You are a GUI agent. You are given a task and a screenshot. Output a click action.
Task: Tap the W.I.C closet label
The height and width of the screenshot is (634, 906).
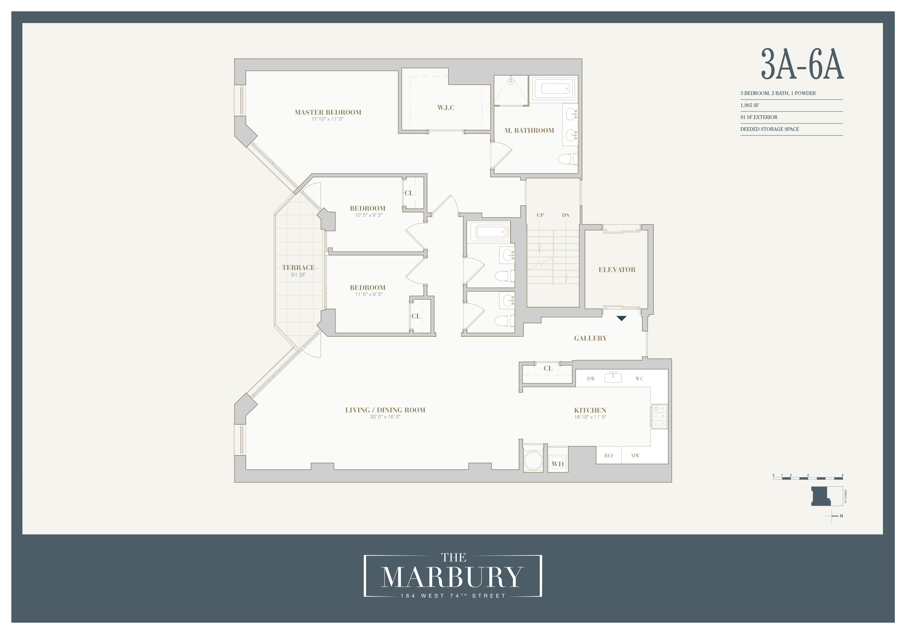click(x=446, y=107)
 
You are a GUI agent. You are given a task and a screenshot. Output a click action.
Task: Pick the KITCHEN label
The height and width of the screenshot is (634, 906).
click(x=590, y=410)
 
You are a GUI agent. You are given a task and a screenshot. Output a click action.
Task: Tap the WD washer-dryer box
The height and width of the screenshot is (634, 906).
click(x=557, y=464)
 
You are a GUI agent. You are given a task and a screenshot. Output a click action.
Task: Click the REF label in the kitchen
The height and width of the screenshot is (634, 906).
click(x=609, y=456)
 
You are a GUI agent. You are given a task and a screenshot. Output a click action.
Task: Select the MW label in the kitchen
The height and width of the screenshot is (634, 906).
click(x=635, y=456)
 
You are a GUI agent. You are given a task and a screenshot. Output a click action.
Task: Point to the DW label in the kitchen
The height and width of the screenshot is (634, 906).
click(x=591, y=379)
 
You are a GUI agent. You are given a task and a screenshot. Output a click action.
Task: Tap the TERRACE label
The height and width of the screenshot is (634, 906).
click(x=298, y=268)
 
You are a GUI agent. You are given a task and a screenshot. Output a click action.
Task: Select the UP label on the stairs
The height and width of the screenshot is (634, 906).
click(x=540, y=215)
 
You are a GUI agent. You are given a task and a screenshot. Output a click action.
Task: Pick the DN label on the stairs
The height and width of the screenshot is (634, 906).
click(x=565, y=215)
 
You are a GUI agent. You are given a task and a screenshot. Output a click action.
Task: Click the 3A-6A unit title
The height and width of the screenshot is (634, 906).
click(x=802, y=64)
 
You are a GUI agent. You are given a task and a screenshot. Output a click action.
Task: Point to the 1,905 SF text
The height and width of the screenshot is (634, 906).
click(x=749, y=105)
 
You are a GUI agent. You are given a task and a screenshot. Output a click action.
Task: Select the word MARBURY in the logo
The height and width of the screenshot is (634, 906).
click(x=452, y=577)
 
